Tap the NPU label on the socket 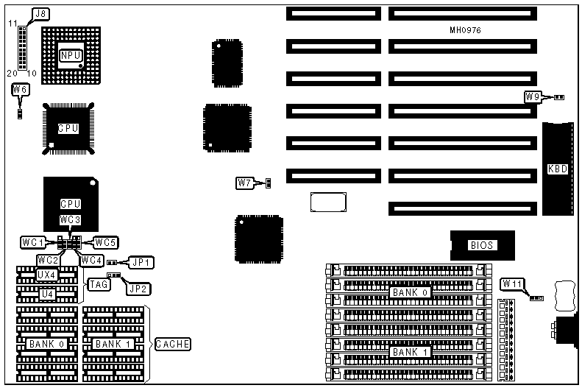(71, 55)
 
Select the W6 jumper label (21, 90)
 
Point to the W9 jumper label (533, 96)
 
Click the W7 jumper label (245, 183)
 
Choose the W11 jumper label (512, 284)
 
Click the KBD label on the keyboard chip (557, 169)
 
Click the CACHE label (172, 344)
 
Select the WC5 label (105, 241)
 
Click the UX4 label (46, 275)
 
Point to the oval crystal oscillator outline (327, 202)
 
